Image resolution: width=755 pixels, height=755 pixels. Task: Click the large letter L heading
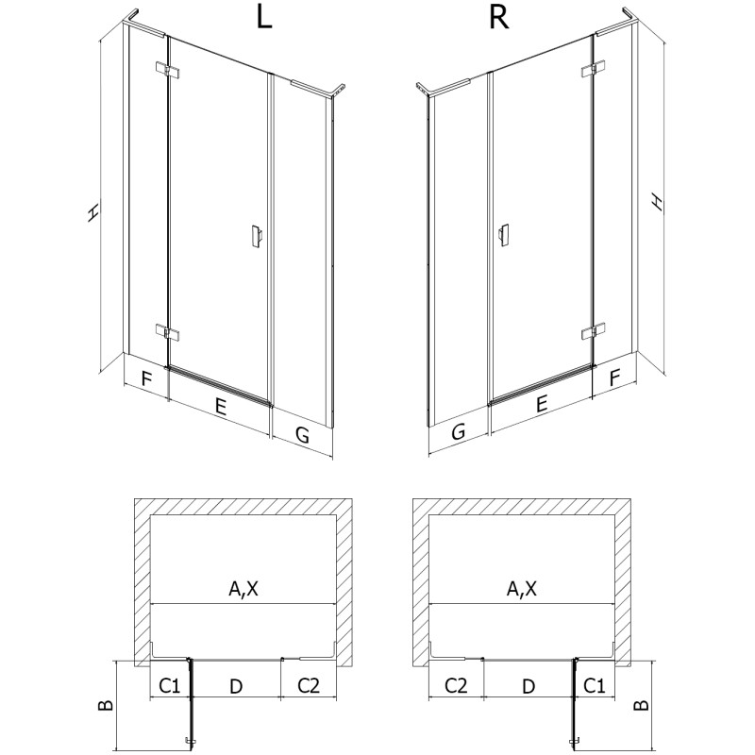point(264,20)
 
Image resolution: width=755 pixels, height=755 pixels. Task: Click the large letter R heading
point(499,20)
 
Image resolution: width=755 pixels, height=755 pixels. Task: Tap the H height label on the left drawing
point(92,213)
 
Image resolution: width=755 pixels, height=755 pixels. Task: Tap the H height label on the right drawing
point(658,201)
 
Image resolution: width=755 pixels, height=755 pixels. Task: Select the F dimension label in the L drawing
point(146,380)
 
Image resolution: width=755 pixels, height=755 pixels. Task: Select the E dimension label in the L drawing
point(220,408)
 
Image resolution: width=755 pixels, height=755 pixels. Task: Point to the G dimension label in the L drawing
point(302,434)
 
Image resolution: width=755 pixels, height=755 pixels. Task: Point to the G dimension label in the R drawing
point(458,433)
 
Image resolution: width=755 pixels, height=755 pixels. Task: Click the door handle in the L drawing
point(256,237)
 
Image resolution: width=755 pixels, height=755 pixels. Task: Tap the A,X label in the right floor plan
point(521,590)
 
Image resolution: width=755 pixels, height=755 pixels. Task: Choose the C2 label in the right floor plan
point(456,684)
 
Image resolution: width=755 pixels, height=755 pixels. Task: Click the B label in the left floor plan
point(107,702)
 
